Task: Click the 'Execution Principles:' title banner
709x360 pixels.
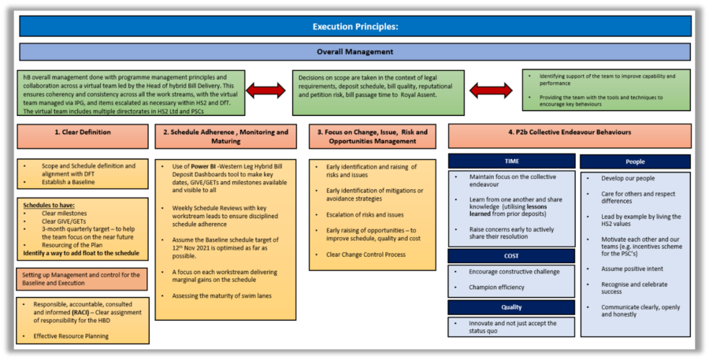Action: pyautogui.click(x=354, y=26)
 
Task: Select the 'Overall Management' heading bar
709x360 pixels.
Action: pyautogui.click(x=354, y=52)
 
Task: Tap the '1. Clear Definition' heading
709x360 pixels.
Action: pyautogui.click(x=82, y=132)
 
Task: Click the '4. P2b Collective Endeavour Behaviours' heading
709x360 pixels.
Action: pyautogui.click(x=570, y=132)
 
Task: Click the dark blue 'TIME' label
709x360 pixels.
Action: pyautogui.click(x=511, y=161)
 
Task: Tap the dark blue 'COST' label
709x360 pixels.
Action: pyautogui.click(x=511, y=256)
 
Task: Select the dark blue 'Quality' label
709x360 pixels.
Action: pyautogui.click(x=511, y=307)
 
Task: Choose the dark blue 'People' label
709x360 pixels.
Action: pyautogui.click(x=635, y=161)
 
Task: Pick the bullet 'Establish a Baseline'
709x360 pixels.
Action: pyautogui.click(x=69, y=182)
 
